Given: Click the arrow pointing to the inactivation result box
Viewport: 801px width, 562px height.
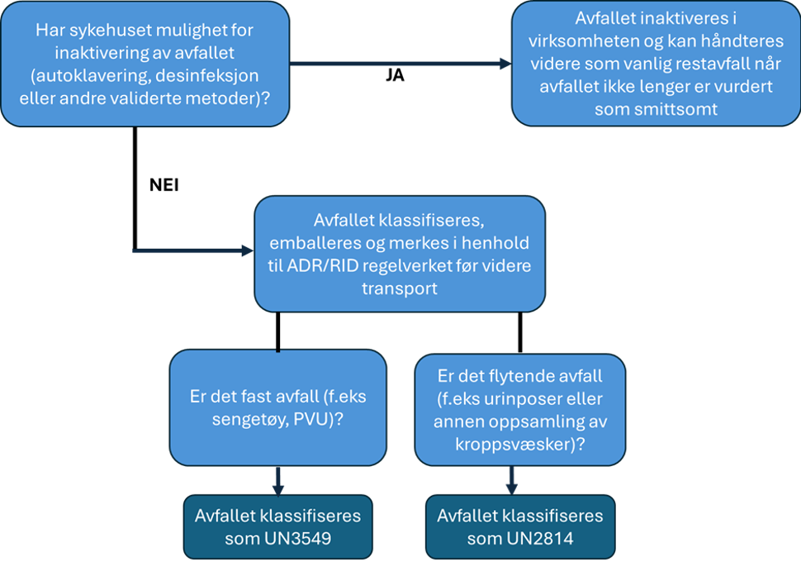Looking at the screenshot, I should (x=400, y=64).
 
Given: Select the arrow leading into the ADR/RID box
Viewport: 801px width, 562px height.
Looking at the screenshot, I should (x=192, y=250).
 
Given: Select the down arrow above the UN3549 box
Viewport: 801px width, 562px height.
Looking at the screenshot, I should (x=278, y=480).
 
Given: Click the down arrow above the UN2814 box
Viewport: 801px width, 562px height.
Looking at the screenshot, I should (x=512, y=480).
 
